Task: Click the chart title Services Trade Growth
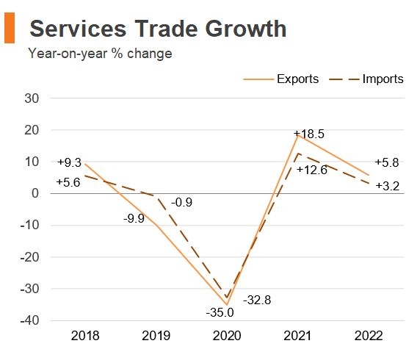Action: pyautogui.click(x=157, y=29)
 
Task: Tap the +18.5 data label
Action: pyautogui.click(x=308, y=134)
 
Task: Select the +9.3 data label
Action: pyautogui.click(x=71, y=162)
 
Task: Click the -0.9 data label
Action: pyautogui.click(x=182, y=202)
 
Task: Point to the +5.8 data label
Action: pyautogui.click(x=386, y=162)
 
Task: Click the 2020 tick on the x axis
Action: pyautogui.click(x=228, y=336)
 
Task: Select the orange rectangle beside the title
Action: pyautogui.click(x=10, y=29)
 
